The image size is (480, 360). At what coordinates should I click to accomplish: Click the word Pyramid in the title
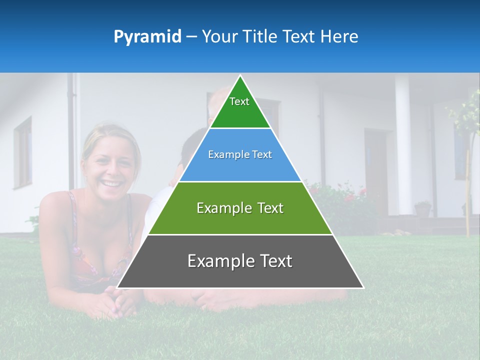click(x=147, y=37)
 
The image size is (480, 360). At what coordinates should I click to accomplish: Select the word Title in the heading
click(x=260, y=37)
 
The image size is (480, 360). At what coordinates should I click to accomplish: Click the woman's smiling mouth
click(x=112, y=183)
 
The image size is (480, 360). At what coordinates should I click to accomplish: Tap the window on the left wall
click(x=23, y=152)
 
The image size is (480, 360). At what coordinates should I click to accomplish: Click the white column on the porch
click(x=403, y=145)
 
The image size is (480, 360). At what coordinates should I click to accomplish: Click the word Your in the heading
click(x=219, y=37)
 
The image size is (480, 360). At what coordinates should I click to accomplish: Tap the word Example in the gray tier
click(x=218, y=261)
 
